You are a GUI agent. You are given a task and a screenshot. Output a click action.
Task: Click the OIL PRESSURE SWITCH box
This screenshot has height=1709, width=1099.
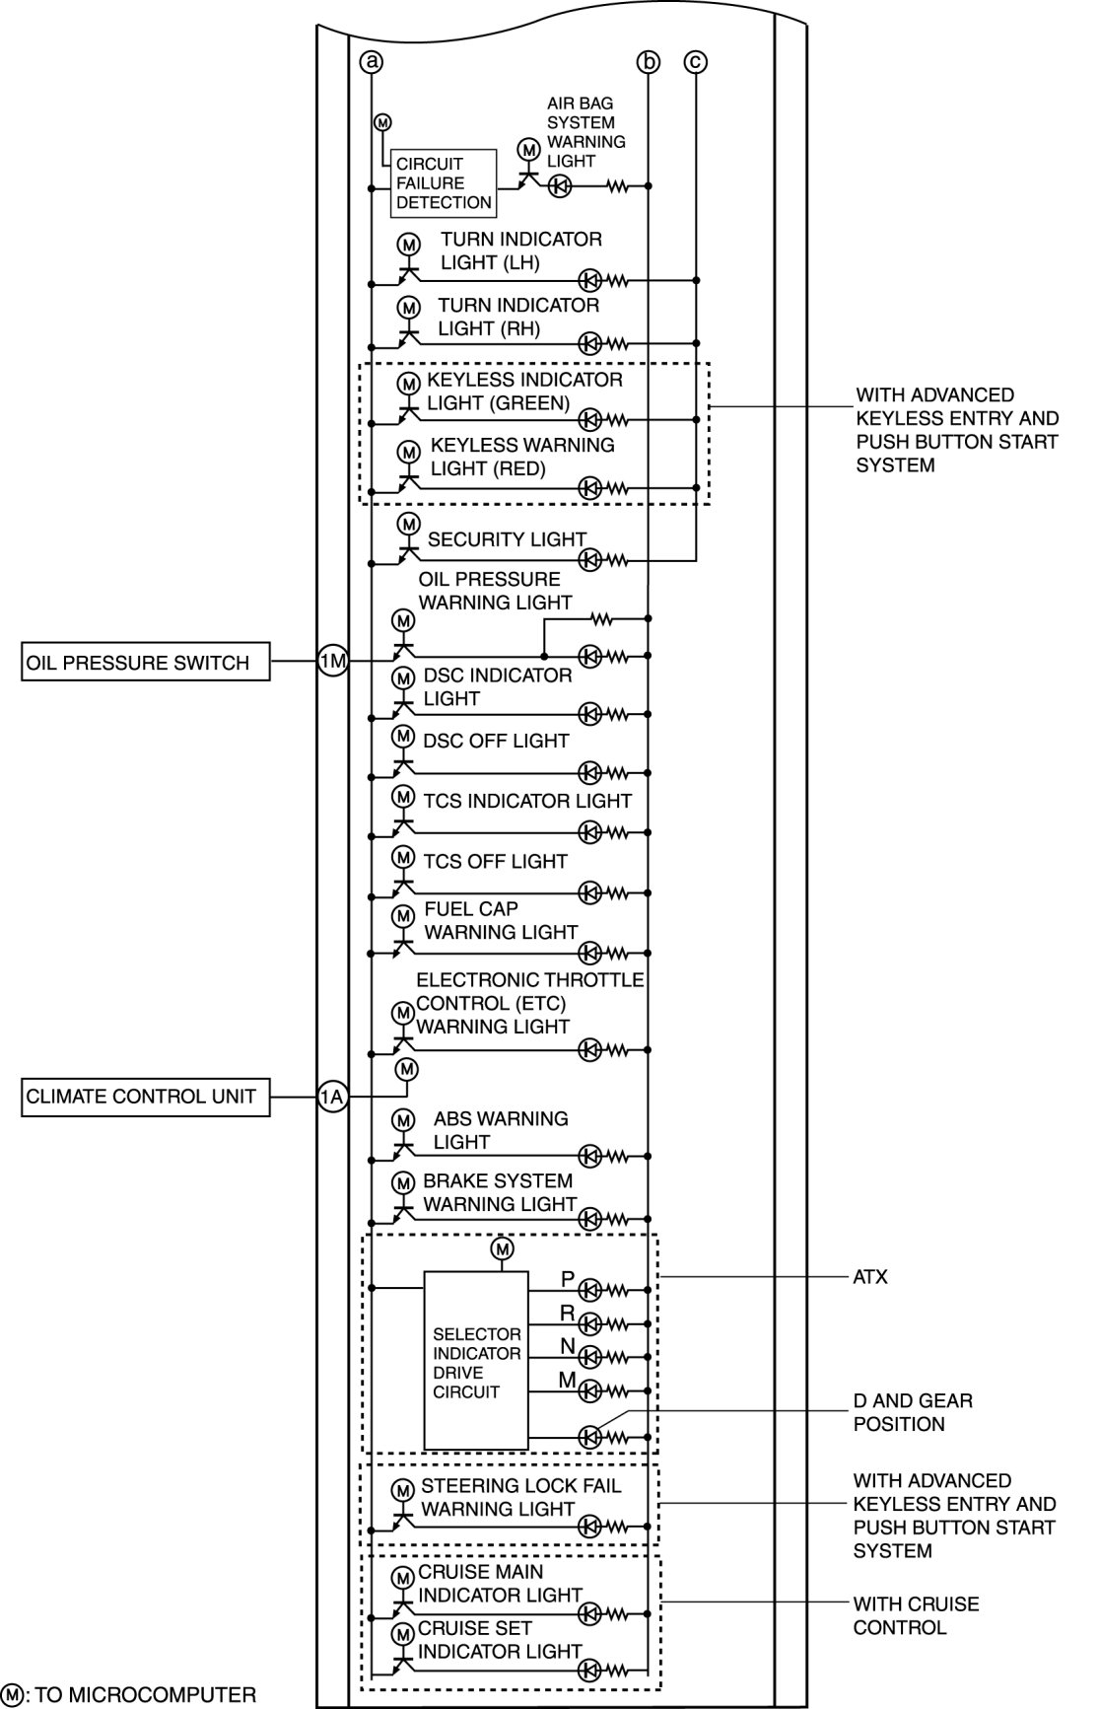(x=146, y=662)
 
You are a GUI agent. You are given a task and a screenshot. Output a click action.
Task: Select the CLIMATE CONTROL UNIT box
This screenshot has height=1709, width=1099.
(x=146, y=1097)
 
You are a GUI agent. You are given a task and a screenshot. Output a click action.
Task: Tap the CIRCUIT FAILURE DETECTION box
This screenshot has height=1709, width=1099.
(x=444, y=183)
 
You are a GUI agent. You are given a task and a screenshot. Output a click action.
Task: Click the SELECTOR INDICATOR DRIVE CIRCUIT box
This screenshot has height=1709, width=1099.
(x=476, y=1361)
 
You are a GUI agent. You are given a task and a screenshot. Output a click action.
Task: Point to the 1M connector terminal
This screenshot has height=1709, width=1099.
(x=332, y=661)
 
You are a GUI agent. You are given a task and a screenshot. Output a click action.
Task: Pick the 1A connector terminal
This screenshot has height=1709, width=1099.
(x=332, y=1097)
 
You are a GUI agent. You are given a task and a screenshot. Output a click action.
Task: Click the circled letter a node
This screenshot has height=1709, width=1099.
(x=372, y=62)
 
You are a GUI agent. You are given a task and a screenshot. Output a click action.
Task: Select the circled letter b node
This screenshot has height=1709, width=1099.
(x=648, y=63)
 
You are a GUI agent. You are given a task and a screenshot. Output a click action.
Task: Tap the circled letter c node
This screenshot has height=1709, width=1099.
(x=696, y=62)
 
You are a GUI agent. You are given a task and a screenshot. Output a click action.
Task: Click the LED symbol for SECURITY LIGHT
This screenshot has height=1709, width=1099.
(x=589, y=560)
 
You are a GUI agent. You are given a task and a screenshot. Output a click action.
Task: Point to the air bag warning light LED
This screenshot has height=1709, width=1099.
(x=559, y=185)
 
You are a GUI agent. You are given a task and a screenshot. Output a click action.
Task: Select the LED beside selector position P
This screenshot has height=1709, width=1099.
(x=589, y=1289)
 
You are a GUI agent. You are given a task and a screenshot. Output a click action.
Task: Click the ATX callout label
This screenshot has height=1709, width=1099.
(x=869, y=1277)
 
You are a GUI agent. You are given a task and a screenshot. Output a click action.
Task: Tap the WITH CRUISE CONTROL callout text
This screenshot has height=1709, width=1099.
(x=916, y=1615)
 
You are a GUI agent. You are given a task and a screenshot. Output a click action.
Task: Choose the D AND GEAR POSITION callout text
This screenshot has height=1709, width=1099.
(x=913, y=1412)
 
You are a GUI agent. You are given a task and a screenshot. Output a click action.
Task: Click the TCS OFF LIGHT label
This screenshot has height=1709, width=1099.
(x=495, y=861)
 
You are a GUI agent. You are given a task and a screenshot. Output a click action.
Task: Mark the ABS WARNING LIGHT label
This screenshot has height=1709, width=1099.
(x=500, y=1130)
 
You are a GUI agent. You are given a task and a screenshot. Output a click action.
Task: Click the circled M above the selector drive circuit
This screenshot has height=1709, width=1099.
(x=503, y=1248)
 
